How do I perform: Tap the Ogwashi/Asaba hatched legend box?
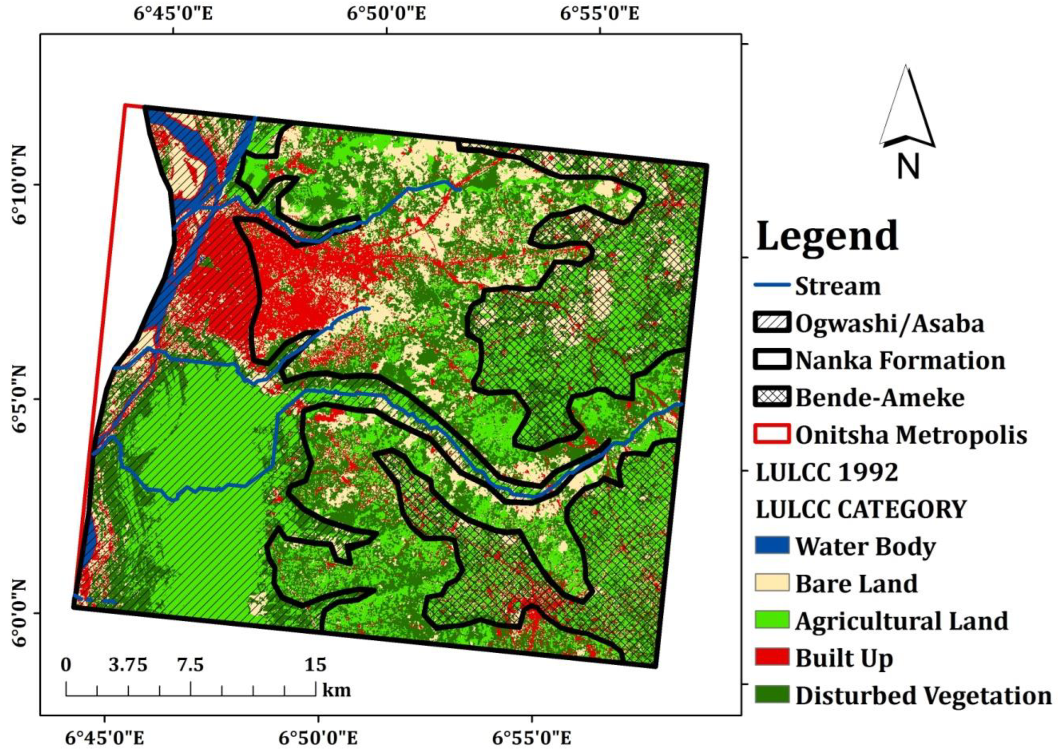click(772, 323)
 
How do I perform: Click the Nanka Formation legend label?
click(901, 360)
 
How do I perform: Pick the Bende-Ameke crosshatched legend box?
click(772, 397)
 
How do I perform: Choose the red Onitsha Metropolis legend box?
click(772, 435)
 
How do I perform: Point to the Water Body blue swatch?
click(772, 546)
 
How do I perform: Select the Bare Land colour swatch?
click(772, 583)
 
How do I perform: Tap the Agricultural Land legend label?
click(901, 621)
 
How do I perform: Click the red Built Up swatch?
click(772, 657)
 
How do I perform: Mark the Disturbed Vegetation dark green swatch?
click(772, 695)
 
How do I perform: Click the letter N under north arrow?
click(907, 167)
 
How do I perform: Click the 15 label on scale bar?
click(315, 665)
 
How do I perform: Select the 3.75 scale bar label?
click(128, 665)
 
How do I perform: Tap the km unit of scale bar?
click(337, 690)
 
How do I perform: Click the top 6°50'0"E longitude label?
click(387, 13)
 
